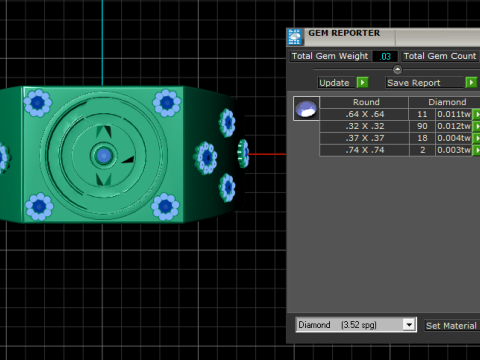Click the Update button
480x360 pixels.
334,83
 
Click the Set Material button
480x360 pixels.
452,326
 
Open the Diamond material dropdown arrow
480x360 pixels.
409,325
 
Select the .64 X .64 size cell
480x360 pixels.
364,114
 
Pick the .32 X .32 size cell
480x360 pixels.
364,126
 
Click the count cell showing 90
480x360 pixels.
422,126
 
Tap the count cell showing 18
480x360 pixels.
422,138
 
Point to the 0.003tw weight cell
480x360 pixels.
454,150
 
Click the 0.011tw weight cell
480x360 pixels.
454,114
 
